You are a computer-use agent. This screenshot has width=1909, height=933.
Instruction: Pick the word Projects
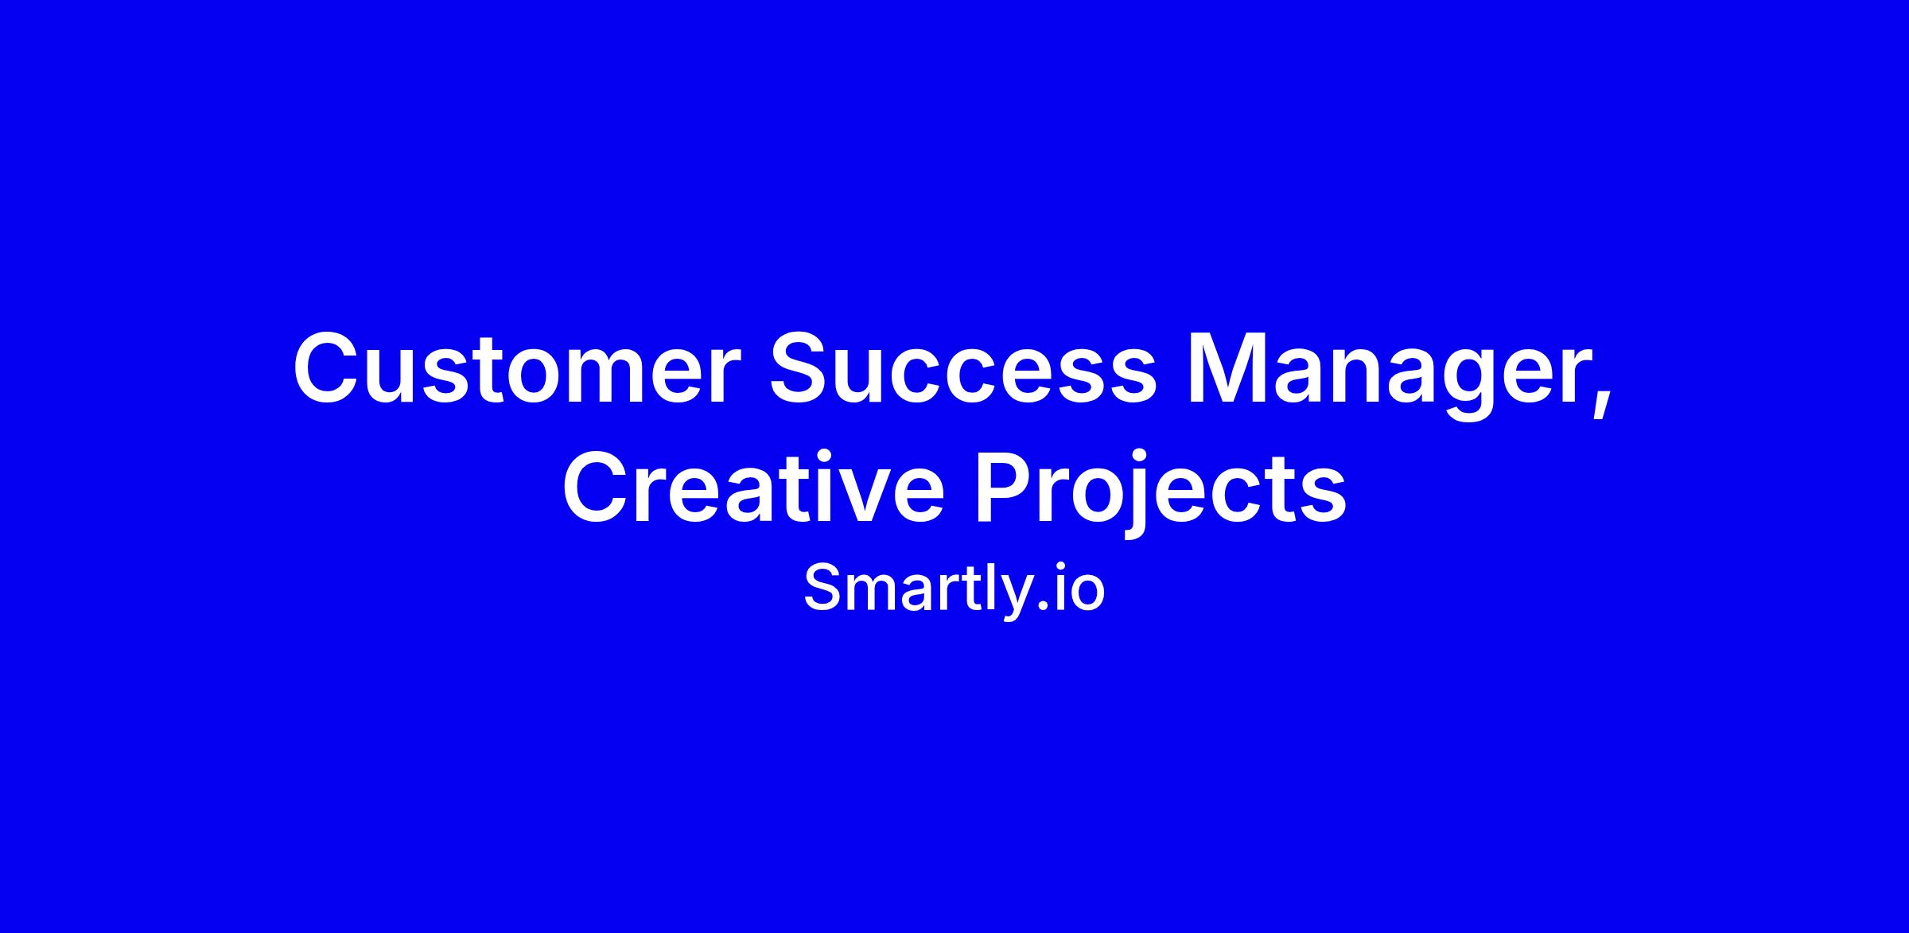click(1161, 494)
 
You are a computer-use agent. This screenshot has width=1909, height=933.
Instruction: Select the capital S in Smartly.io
click(823, 588)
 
